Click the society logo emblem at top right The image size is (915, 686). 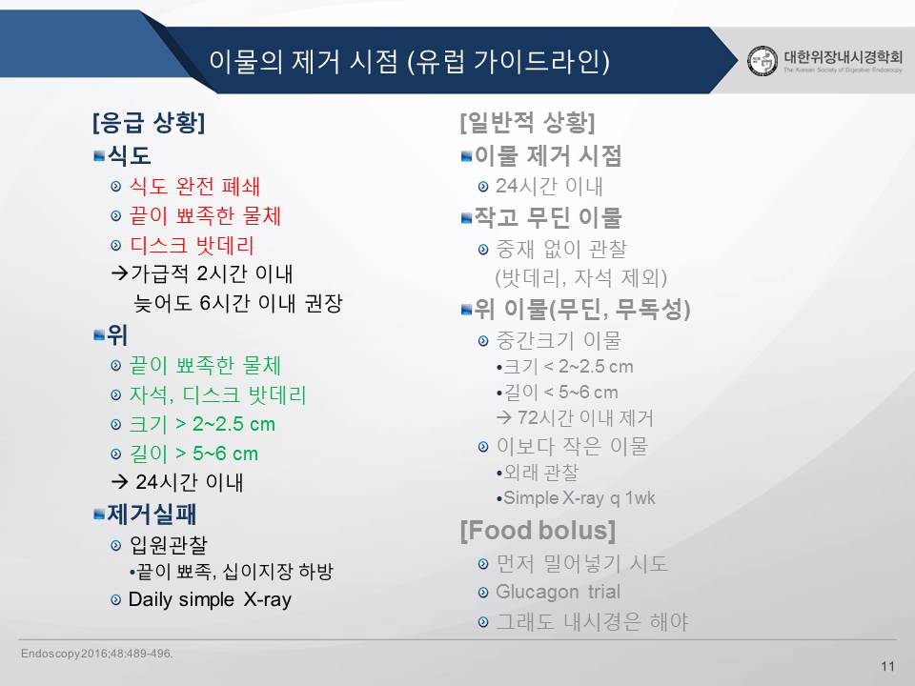click(x=762, y=61)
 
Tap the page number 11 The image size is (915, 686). click(x=887, y=666)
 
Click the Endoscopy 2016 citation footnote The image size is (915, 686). click(x=97, y=654)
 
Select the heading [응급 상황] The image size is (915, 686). click(x=149, y=123)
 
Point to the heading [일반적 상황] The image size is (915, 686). click(x=527, y=123)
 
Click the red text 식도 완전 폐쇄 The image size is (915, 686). click(x=194, y=187)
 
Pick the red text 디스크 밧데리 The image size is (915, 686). click(x=192, y=246)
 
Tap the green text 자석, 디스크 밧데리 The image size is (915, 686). click(x=217, y=394)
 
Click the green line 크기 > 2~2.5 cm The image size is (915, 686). click(x=202, y=424)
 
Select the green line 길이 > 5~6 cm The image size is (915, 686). click(x=193, y=454)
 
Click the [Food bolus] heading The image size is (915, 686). click(x=538, y=531)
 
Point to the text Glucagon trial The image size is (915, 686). click(x=558, y=592)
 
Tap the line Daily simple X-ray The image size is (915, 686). click(x=210, y=599)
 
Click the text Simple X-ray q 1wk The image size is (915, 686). click(x=579, y=498)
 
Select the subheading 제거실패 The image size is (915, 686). click(x=152, y=514)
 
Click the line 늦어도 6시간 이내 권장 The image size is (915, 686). click(x=238, y=303)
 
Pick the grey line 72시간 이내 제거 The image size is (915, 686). click(x=584, y=417)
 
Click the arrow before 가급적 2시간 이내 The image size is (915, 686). click(x=120, y=273)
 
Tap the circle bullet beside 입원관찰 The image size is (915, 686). click(x=116, y=546)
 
